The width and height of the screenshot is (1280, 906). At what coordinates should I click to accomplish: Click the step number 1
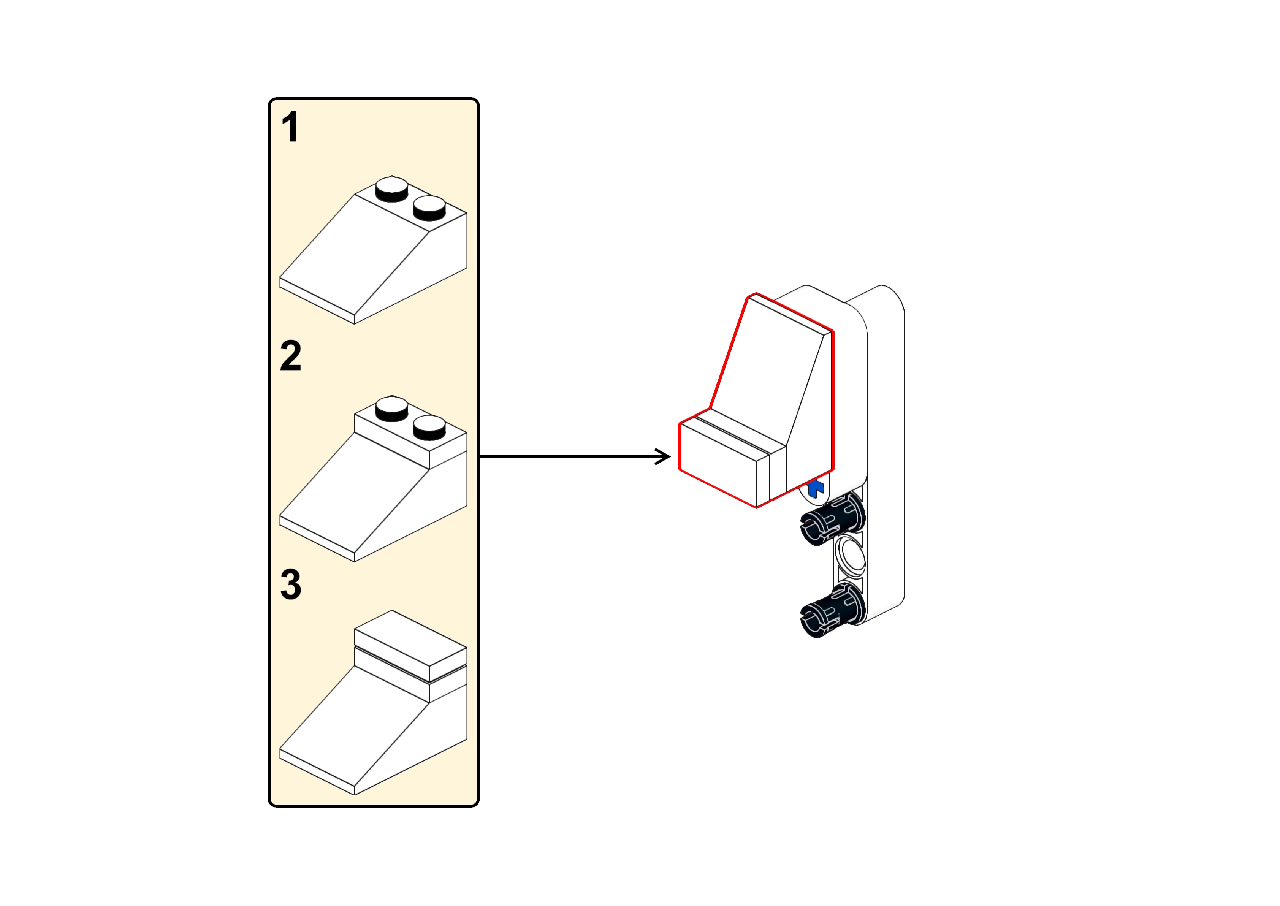pyautogui.click(x=290, y=127)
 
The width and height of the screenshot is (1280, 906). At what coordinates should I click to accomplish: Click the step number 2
pyautogui.click(x=291, y=356)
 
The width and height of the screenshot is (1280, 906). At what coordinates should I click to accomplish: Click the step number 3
pyautogui.click(x=291, y=584)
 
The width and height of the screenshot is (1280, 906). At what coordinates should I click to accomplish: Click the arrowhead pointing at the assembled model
pyautogui.click(x=664, y=456)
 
